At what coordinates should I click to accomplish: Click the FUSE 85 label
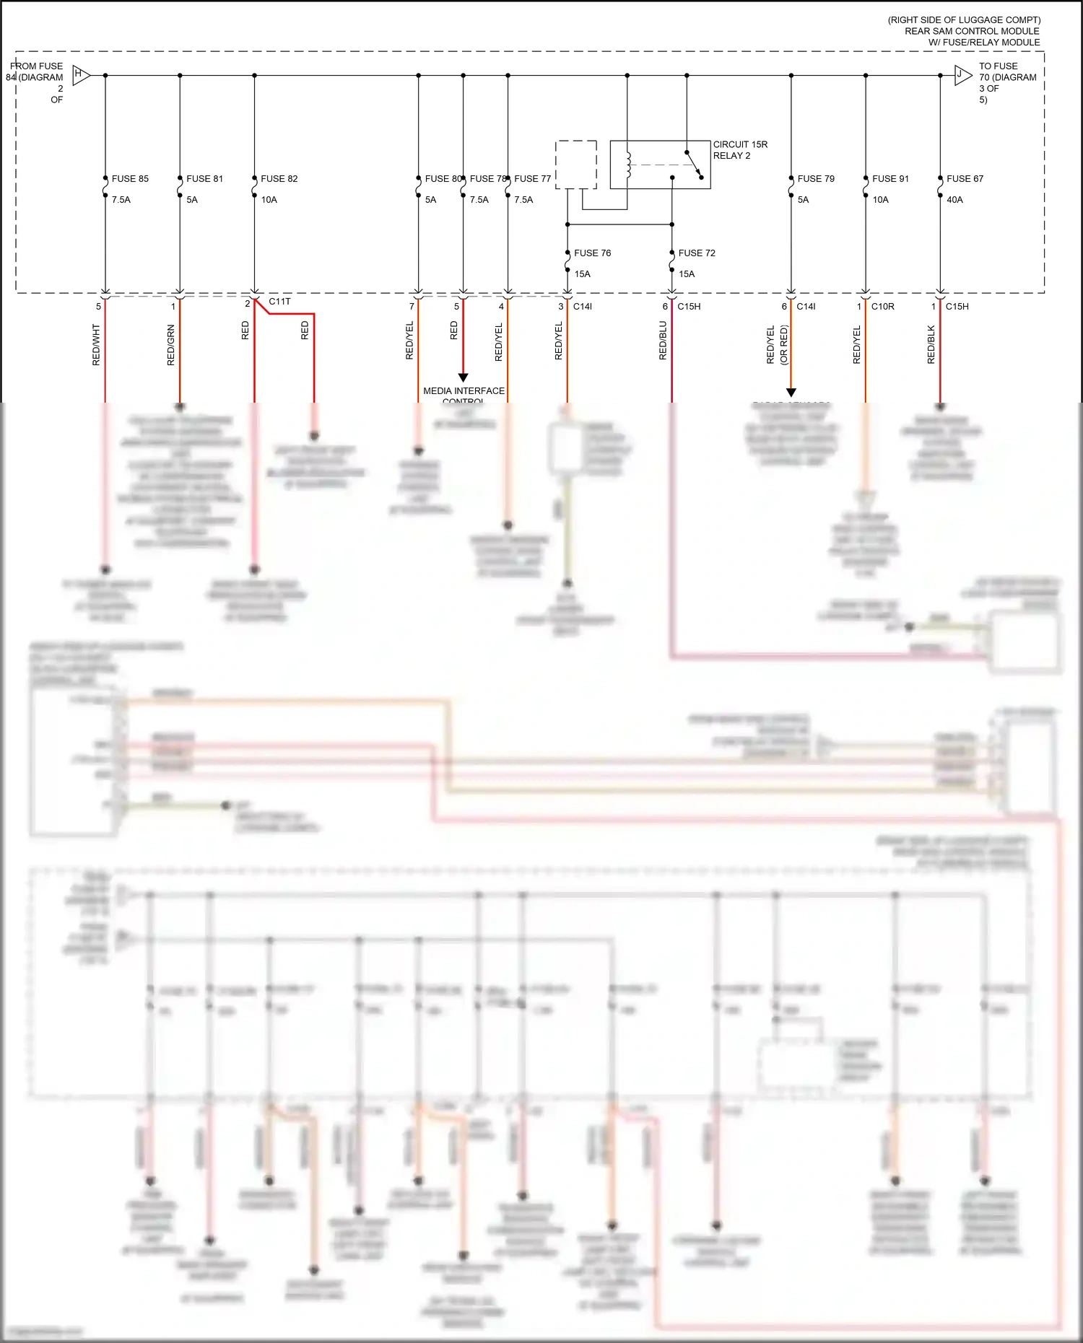point(130,179)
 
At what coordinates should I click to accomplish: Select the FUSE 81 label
point(204,179)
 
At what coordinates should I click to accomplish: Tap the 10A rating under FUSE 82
point(269,200)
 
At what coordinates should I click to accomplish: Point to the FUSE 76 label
point(592,253)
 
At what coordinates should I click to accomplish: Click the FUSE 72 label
point(697,253)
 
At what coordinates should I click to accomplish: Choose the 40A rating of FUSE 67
point(954,200)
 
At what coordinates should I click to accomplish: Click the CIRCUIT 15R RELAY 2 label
point(740,150)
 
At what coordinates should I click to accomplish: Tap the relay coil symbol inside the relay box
point(629,165)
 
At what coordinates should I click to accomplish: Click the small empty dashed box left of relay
point(575,165)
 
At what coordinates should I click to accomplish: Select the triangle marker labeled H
point(80,74)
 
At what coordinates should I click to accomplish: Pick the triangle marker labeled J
point(962,74)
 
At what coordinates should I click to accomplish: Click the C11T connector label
point(279,302)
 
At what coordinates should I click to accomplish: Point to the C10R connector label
point(882,307)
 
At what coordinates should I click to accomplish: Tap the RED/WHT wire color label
point(96,344)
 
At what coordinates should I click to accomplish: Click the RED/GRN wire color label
point(170,344)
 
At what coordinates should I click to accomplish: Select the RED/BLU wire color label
point(663,341)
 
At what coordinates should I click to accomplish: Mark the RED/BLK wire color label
point(931,344)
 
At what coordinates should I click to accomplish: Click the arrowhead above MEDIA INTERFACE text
point(464,377)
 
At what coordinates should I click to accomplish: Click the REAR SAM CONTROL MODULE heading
point(972,31)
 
